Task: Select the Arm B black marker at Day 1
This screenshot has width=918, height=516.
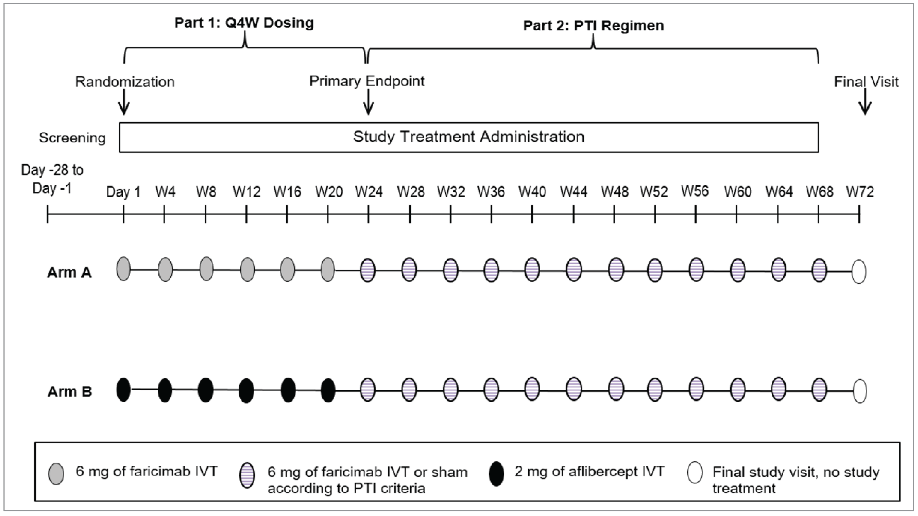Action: (x=123, y=389)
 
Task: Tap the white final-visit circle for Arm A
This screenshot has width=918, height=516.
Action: (x=859, y=272)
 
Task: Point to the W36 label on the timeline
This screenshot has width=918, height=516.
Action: (x=491, y=192)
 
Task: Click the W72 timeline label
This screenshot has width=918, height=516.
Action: (x=860, y=192)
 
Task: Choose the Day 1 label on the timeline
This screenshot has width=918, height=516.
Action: (x=123, y=192)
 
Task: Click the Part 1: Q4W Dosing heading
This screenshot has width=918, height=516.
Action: (x=244, y=23)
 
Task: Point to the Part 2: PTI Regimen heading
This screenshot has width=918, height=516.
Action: (x=593, y=26)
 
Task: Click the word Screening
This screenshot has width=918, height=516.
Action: (x=72, y=138)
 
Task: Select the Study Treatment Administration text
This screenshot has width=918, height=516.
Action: (x=469, y=137)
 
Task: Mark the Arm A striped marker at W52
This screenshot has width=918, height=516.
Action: (x=655, y=270)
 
